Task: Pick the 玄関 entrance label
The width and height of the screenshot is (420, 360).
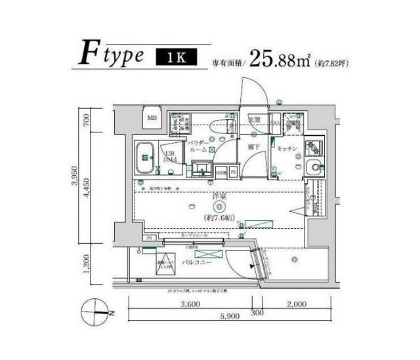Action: click(x=254, y=120)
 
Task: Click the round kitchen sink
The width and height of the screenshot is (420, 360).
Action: click(x=314, y=167)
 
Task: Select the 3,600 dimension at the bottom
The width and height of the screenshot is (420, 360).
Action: click(x=189, y=304)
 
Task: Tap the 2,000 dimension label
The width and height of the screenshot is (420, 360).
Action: click(x=297, y=304)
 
